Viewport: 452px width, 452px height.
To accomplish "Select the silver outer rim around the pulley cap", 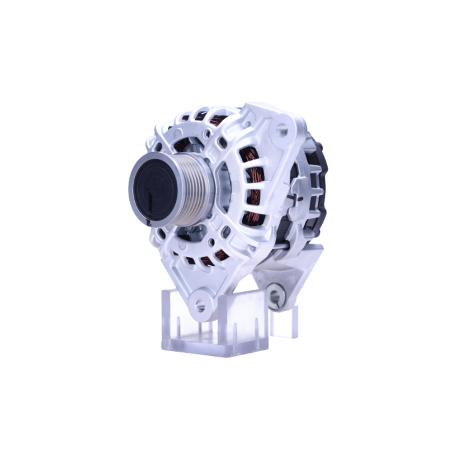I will pyautogui.click(x=135, y=199).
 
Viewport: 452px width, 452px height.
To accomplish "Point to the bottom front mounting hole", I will pyautogui.click(x=200, y=306).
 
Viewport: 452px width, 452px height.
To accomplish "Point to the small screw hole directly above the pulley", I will pyautogui.click(x=206, y=134).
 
